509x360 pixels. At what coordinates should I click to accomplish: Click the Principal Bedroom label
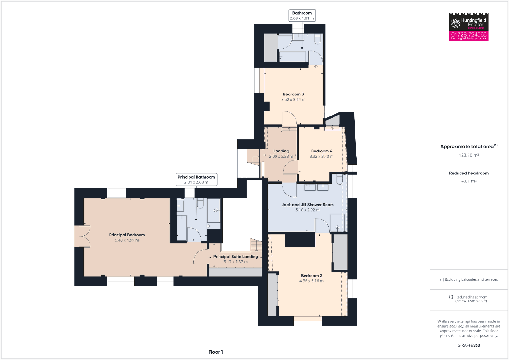click(x=127, y=235)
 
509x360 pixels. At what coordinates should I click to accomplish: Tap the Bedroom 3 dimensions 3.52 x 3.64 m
click(x=293, y=100)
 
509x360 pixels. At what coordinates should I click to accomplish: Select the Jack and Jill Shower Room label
click(x=307, y=205)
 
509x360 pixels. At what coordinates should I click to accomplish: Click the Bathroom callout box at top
click(x=302, y=15)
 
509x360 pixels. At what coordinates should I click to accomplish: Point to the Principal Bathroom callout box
click(x=196, y=180)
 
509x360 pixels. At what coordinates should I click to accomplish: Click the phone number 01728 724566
click(x=469, y=34)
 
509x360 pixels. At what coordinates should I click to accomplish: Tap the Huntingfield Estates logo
click(x=469, y=22)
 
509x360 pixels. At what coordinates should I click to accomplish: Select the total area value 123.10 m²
click(x=469, y=155)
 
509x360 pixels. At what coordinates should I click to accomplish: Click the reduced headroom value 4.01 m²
click(x=469, y=181)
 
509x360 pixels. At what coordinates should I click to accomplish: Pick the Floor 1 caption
click(x=216, y=352)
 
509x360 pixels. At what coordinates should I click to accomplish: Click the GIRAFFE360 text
click(x=469, y=345)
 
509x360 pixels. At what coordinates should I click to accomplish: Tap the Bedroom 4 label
click(x=321, y=151)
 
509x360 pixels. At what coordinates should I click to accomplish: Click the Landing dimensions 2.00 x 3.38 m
click(x=281, y=156)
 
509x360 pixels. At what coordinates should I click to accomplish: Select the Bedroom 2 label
click(x=311, y=276)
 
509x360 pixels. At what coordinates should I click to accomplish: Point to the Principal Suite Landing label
click(x=236, y=257)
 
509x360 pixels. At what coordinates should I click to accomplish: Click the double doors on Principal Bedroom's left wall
click(x=82, y=236)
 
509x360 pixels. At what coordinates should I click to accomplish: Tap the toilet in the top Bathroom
click(x=317, y=39)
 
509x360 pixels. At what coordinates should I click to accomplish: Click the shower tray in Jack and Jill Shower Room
click(x=337, y=223)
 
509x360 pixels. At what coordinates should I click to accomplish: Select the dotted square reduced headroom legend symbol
click(x=451, y=297)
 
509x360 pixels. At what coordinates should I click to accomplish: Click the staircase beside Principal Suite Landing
click(x=256, y=245)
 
